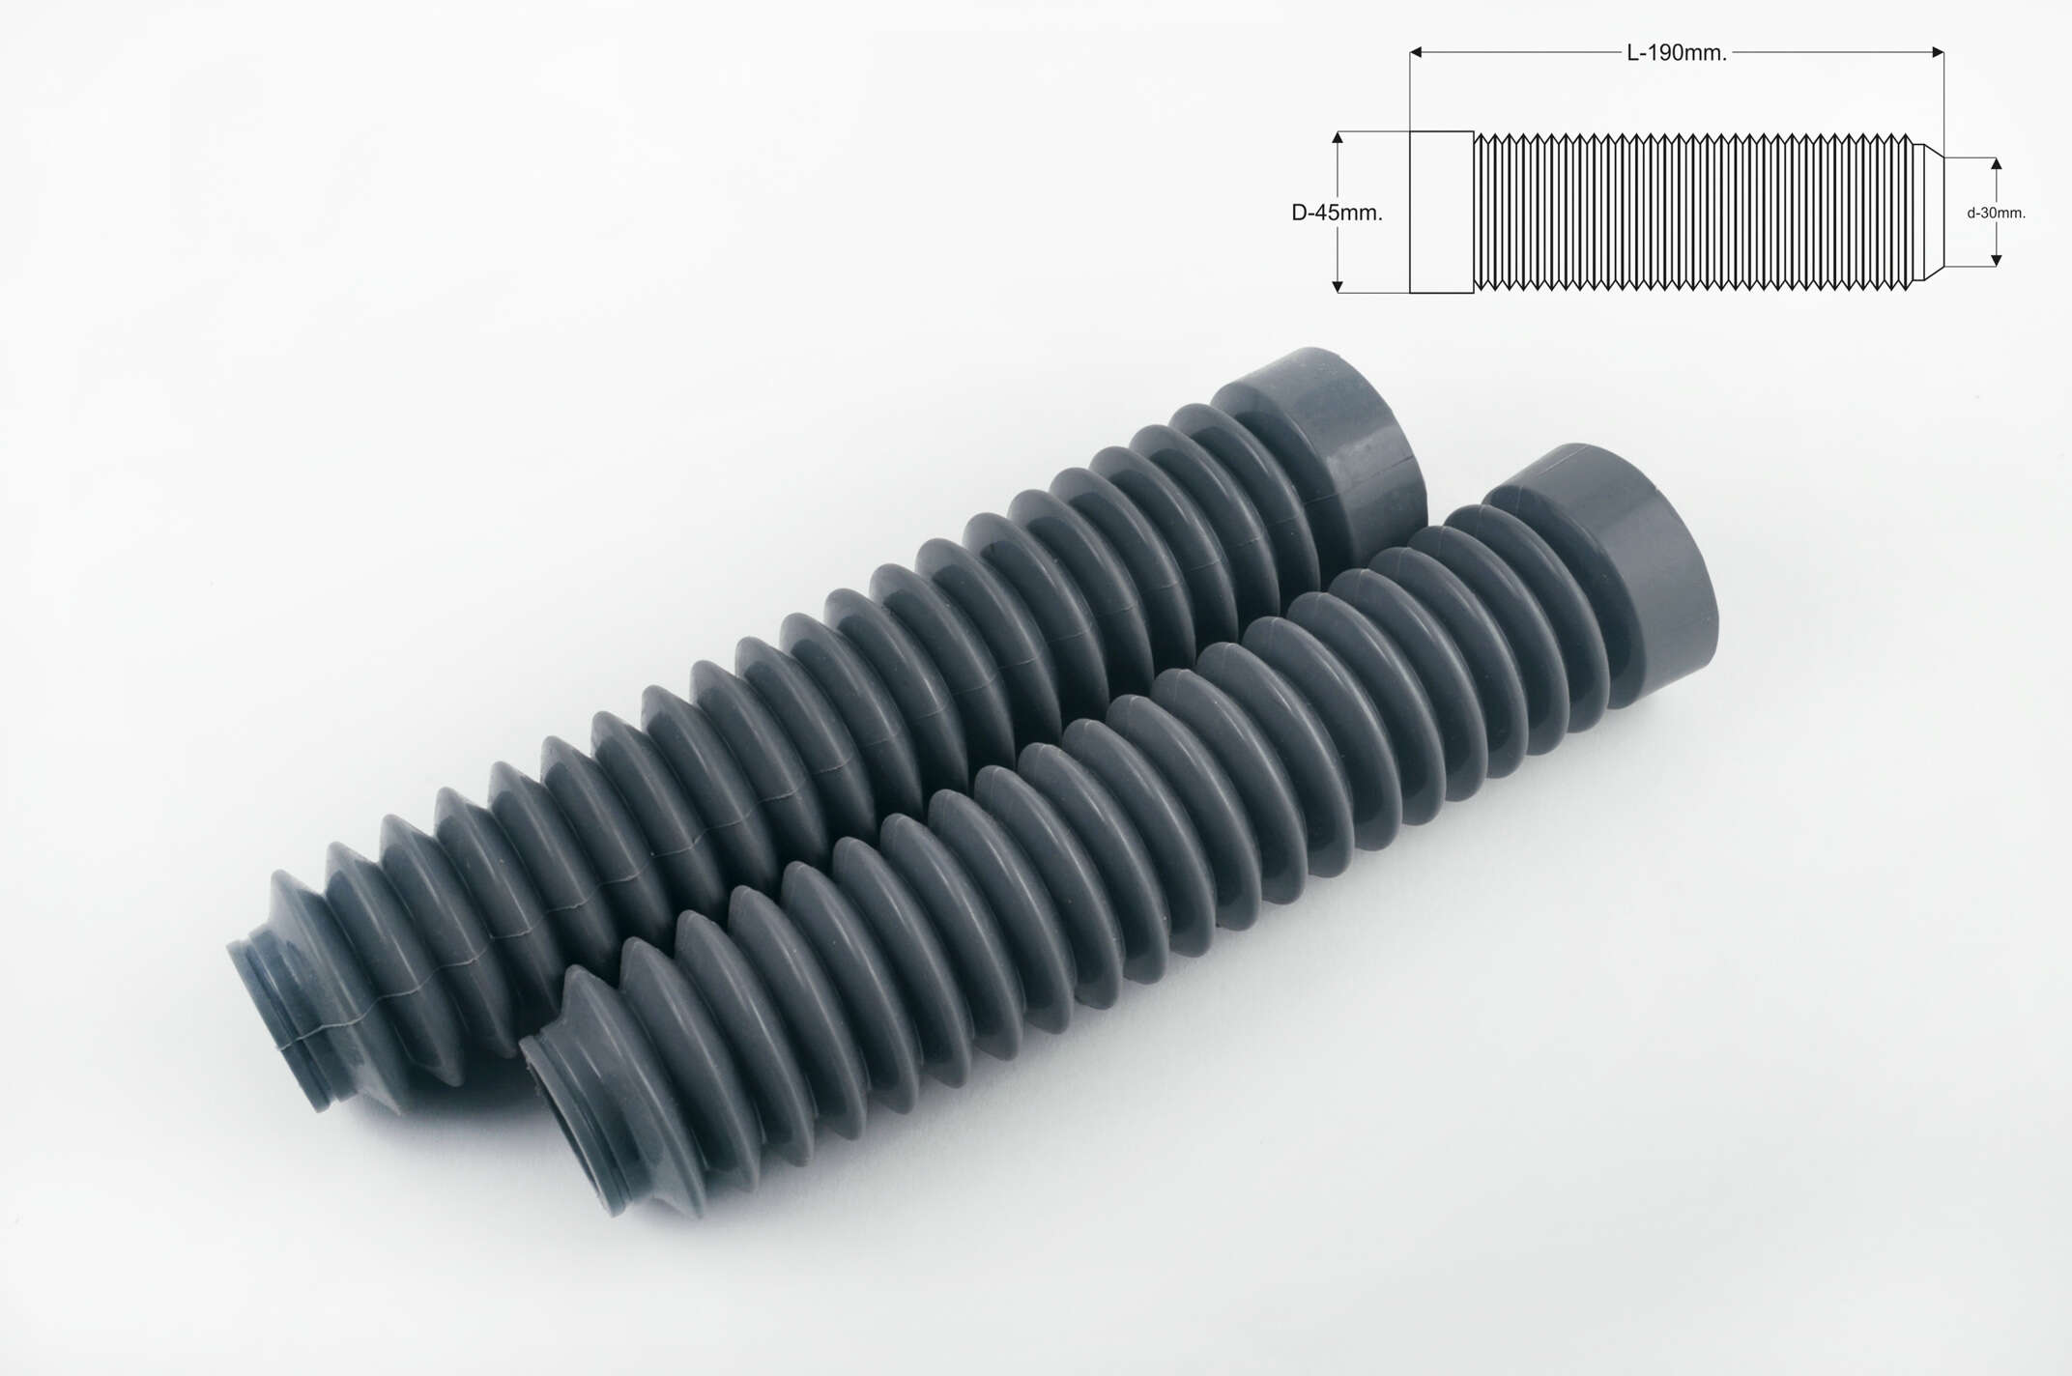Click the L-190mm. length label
click(x=1677, y=53)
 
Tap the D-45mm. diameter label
click(x=1337, y=213)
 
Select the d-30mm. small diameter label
click(x=1996, y=213)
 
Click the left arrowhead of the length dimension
click(x=1418, y=53)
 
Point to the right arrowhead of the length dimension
click(x=1936, y=53)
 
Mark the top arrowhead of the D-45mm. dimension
click(x=1338, y=139)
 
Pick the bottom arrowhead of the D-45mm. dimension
click(x=1338, y=284)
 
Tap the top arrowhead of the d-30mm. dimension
click(x=1997, y=165)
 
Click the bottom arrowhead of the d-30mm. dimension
click(x=1997, y=258)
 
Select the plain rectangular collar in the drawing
click(x=1441, y=212)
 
